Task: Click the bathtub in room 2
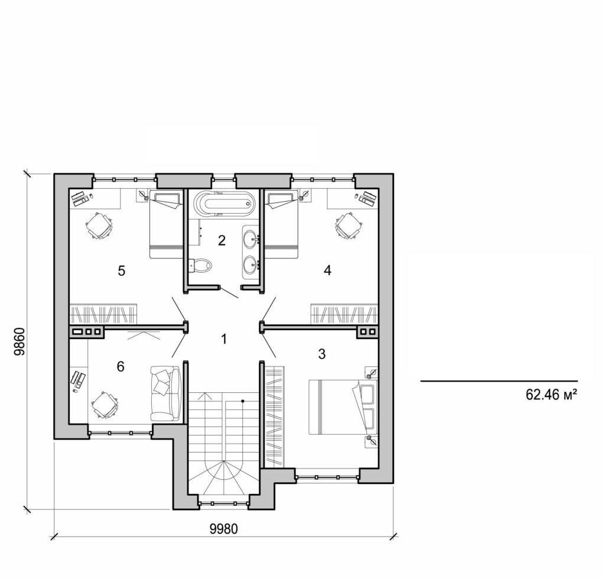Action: pyautogui.click(x=225, y=204)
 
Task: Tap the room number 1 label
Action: pyautogui.click(x=223, y=339)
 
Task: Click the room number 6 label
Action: pyautogui.click(x=121, y=367)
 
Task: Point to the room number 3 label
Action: pyautogui.click(x=321, y=354)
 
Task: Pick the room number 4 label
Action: pyautogui.click(x=327, y=270)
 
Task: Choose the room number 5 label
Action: pyautogui.click(x=121, y=271)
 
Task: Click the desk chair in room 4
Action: pyautogui.click(x=348, y=225)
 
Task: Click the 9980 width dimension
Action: pyautogui.click(x=223, y=528)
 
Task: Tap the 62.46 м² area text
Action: pyautogui.click(x=551, y=395)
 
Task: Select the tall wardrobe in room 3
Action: pyautogui.click(x=275, y=415)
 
